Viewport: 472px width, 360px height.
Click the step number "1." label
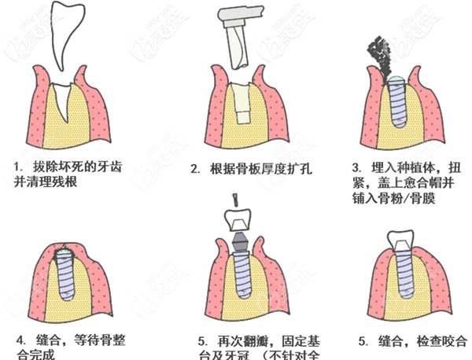[18, 167]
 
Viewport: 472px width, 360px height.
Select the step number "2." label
[194, 168]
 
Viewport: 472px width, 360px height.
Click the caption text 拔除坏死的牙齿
[79, 167]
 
